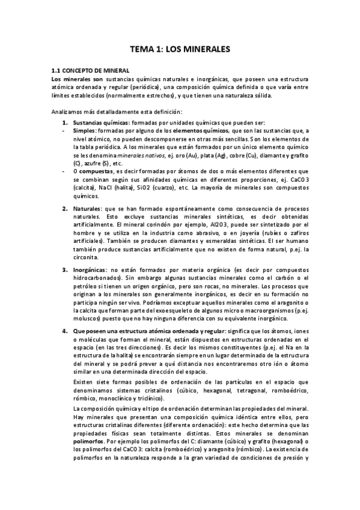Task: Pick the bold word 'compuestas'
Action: [x=96, y=171]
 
